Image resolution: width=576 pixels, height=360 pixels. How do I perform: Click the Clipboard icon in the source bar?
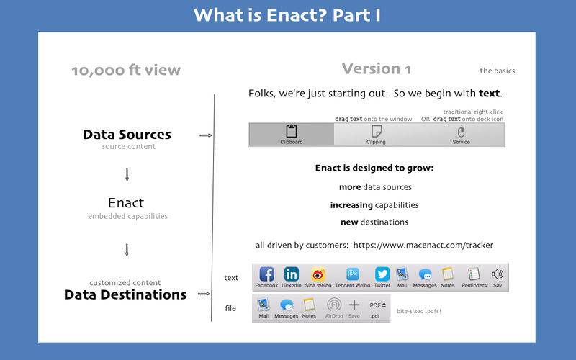pos(292,131)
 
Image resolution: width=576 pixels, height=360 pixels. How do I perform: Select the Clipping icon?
pos(377,131)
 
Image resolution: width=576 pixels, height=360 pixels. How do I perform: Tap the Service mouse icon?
pos(461,131)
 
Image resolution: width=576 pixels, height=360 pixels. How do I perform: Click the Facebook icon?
pos(266,274)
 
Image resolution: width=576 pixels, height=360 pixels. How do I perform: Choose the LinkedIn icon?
pos(292,274)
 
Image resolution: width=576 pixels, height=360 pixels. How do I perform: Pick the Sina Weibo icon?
pos(318,274)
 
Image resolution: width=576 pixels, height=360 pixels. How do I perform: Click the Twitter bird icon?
pos(382,274)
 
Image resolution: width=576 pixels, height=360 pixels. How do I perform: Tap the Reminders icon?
pos(474,274)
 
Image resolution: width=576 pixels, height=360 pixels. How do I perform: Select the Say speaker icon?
pos(498,274)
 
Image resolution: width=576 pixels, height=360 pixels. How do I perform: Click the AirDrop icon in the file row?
pos(334,305)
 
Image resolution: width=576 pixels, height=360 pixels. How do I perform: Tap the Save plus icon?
pos(354,305)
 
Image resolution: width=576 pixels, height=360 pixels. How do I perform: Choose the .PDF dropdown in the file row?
pos(377,305)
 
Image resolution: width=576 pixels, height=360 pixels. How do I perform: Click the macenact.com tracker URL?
pos(423,245)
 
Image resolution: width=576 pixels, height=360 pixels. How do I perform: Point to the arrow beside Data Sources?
pos(206,135)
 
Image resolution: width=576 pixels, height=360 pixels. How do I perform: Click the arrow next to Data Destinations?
pos(204,294)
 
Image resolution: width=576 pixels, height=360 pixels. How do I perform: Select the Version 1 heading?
pos(376,68)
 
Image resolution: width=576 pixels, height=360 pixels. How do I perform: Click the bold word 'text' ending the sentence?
pos(490,94)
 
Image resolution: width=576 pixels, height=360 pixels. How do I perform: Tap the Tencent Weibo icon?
pos(353,274)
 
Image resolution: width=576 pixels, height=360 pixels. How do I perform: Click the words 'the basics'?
pos(498,71)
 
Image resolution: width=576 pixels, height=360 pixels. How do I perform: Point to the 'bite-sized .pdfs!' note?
pos(419,311)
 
